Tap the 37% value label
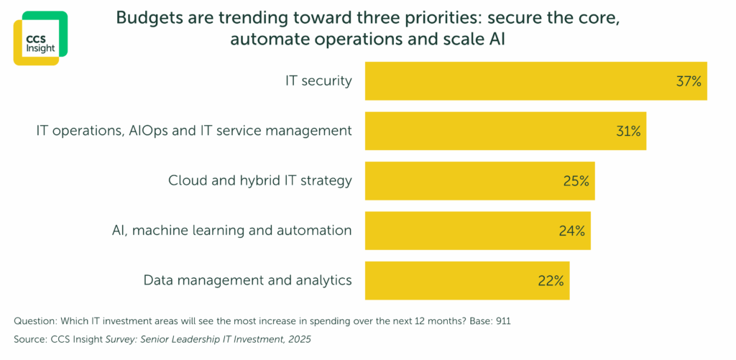pyautogui.click(x=688, y=81)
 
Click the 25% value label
pyautogui.click(x=576, y=181)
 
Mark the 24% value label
pyautogui.click(x=571, y=231)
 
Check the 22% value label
pyautogui.click(x=551, y=281)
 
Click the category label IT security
pyautogui.click(x=318, y=81)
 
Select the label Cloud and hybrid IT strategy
pyautogui.click(x=259, y=180)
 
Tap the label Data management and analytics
pyautogui.click(x=247, y=280)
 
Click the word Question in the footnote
pyautogui.click(x=35, y=319)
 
